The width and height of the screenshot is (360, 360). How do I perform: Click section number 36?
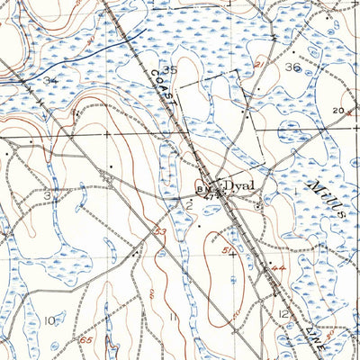point(292,67)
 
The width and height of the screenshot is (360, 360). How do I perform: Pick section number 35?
point(169,69)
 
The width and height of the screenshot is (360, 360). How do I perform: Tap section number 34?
point(49,81)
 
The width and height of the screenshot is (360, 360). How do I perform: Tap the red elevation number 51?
point(227,249)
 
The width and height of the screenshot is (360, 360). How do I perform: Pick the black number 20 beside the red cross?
point(337,110)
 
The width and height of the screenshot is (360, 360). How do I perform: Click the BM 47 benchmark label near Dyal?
point(205,191)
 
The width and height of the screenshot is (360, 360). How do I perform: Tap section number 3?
point(47,195)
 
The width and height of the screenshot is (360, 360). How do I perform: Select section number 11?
point(171,317)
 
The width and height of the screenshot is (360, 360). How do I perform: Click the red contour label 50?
point(213,311)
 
